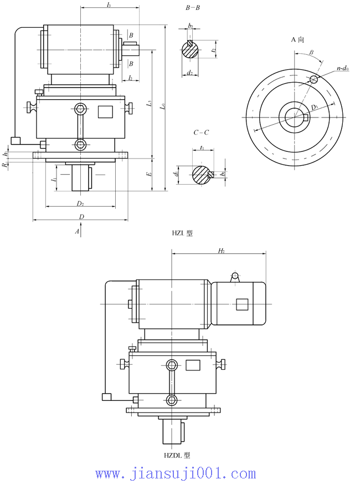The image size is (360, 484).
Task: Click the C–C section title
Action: [200, 133]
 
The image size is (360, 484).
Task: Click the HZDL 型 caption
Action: [177, 455]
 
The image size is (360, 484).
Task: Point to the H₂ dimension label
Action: [221, 251]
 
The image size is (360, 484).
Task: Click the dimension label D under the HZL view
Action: [81, 216]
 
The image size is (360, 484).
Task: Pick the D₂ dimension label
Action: [81, 203]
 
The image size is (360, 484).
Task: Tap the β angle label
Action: [312, 52]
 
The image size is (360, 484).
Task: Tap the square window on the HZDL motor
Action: [241, 304]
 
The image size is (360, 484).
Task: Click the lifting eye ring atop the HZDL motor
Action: [235, 276]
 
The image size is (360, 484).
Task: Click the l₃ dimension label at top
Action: [109, 5]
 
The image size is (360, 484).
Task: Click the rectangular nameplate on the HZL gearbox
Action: [105, 111]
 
